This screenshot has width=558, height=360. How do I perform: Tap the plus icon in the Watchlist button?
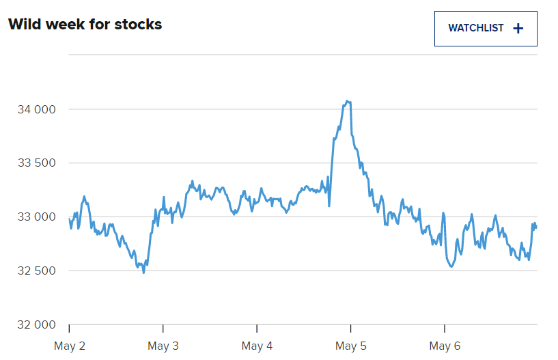click(x=518, y=29)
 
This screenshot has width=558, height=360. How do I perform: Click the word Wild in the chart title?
click(x=24, y=25)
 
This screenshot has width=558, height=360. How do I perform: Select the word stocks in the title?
click(x=139, y=25)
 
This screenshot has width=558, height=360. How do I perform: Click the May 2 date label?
click(x=70, y=346)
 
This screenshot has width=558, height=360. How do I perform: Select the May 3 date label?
click(x=163, y=346)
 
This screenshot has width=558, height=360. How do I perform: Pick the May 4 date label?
click(x=257, y=346)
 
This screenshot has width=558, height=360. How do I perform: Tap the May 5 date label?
click(x=350, y=346)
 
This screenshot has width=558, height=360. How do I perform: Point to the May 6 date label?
click(x=445, y=346)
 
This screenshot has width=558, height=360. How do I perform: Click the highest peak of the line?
click(x=348, y=101)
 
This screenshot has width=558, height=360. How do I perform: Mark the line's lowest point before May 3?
click(x=143, y=273)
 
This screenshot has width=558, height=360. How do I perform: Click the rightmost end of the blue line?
click(x=536, y=227)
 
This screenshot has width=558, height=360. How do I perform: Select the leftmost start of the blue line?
click(x=70, y=219)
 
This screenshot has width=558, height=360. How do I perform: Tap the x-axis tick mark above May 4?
click(x=257, y=329)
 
